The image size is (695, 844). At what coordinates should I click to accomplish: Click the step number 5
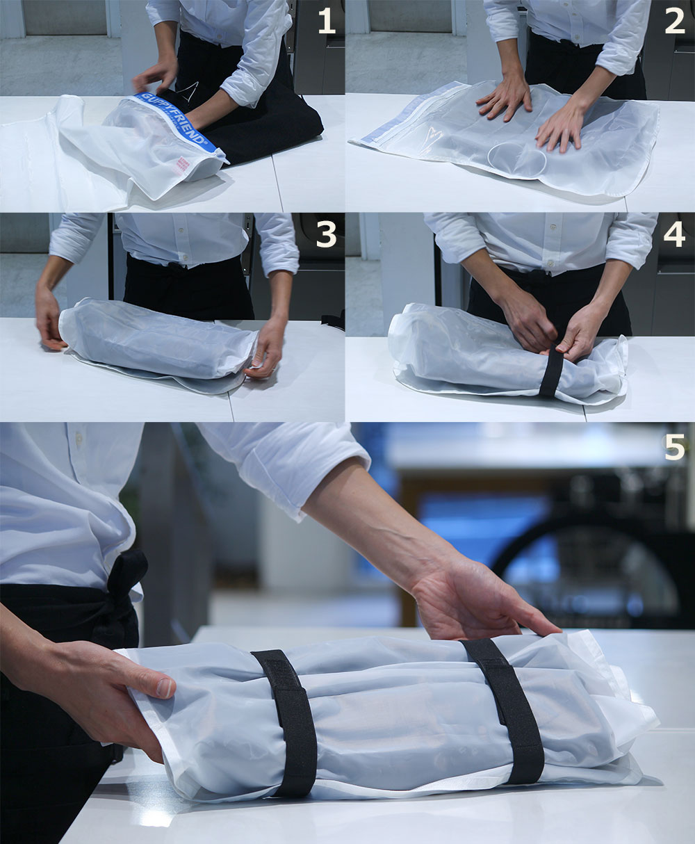pyautogui.click(x=675, y=447)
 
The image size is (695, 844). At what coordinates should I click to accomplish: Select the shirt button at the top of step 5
pyautogui.click(x=79, y=438)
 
